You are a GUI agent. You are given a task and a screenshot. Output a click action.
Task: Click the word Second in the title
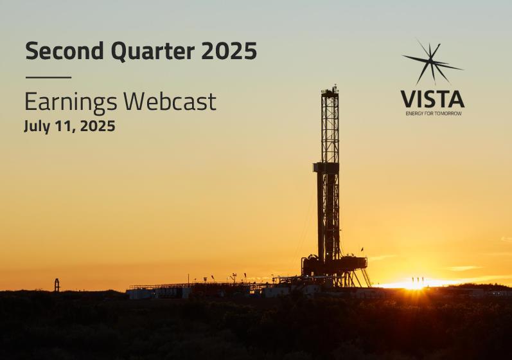point(64,51)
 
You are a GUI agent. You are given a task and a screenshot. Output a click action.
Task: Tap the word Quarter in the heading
point(153,51)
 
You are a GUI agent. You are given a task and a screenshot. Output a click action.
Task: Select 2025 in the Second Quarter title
point(229,51)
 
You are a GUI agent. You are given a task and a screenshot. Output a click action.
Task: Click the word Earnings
point(71,102)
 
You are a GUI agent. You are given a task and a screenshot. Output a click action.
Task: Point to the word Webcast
point(170,101)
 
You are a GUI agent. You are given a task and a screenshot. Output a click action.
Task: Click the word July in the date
point(37,127)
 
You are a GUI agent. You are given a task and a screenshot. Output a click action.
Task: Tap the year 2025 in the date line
point(97,126)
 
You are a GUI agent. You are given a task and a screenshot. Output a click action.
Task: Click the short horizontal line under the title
point(48,77)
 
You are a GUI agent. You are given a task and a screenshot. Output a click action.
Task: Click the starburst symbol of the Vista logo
point(431,62)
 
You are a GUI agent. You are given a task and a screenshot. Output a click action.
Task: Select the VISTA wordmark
point(432,99)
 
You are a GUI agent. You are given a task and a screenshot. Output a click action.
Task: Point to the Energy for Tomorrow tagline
point(434,113)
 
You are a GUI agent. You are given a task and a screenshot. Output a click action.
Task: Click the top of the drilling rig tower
point(330,89)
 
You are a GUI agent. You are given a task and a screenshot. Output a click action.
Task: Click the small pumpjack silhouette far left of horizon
point(57,285)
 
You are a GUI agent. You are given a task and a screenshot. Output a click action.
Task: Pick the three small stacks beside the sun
point(418,281)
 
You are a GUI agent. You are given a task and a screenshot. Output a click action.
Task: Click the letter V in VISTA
point(408,99)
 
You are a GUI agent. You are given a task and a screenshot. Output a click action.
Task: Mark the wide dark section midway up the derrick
point(326,167)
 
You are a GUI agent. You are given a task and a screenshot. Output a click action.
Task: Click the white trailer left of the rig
point(141,293)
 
